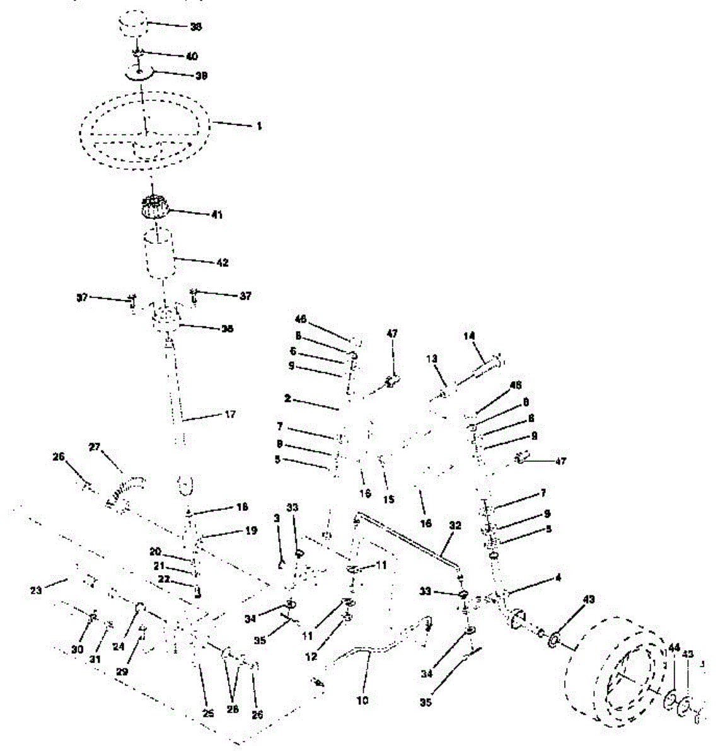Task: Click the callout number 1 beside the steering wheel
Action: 258,126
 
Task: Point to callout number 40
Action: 192,56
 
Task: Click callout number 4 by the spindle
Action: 559,576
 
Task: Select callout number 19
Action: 251,531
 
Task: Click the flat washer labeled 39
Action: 140,74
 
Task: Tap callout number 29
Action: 122,672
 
